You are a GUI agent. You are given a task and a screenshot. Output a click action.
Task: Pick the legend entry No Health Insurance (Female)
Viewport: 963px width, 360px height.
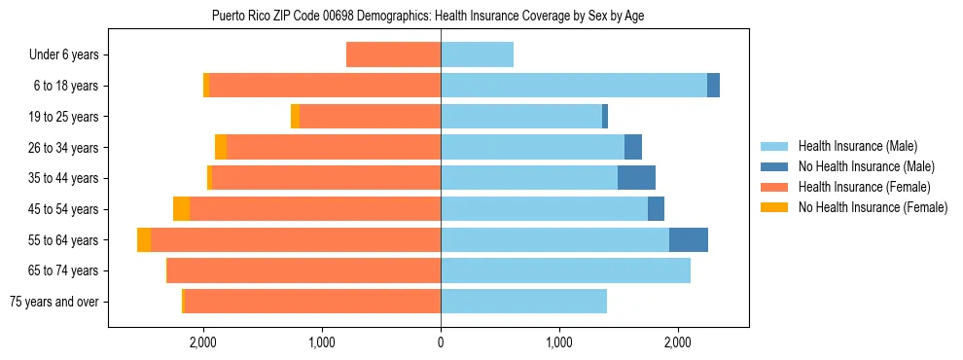873,207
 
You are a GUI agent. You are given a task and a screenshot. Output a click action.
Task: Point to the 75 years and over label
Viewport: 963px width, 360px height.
54,302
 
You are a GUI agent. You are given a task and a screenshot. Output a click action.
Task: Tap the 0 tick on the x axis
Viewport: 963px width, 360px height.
441,342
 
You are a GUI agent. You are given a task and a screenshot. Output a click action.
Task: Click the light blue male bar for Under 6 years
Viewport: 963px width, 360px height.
477,55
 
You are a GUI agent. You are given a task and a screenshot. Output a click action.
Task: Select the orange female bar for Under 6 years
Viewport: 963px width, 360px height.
394,55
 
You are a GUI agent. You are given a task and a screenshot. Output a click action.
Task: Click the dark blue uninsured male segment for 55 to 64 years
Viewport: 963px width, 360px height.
689,240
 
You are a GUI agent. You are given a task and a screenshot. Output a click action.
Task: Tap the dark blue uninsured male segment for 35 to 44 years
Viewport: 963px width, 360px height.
636,178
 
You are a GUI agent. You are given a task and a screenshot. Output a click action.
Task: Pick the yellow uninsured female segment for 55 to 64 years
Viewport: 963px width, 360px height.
144,240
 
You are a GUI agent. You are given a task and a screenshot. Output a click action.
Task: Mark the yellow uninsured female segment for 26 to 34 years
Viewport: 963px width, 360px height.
221,148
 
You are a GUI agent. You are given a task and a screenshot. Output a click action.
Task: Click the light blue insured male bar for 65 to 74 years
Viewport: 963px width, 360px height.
565,270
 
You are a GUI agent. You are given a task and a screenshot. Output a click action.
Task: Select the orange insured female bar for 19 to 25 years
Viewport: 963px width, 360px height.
370,117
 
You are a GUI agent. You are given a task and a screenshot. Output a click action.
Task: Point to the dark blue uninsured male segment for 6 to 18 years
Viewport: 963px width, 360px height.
713,86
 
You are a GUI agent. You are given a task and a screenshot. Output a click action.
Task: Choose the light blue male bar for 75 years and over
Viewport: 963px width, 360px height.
523,302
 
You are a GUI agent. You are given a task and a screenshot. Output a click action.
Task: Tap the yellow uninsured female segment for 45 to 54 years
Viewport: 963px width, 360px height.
181,209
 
